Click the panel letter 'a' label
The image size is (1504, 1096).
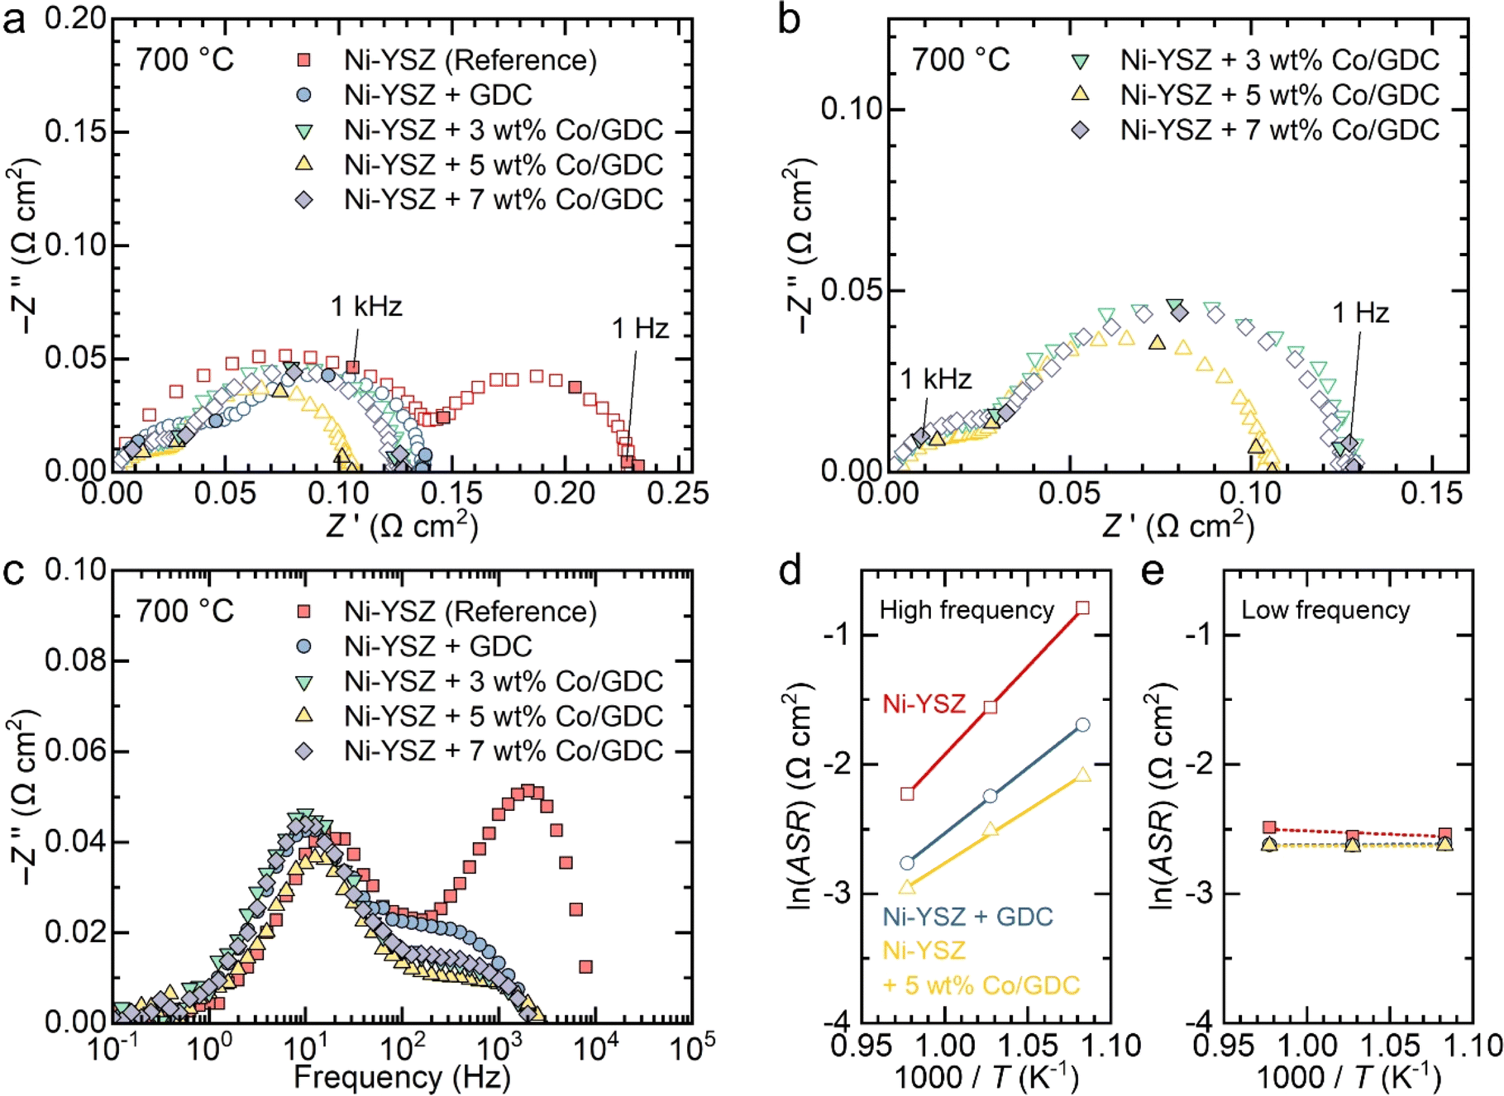[x=14, y=21]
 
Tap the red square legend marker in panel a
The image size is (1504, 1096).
[x=304, y=60]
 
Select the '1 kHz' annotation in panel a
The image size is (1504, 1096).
[x=366, y=307]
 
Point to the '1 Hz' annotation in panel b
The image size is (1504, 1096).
[x=1360, y=312]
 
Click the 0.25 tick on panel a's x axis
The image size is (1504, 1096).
[x=678, y=493]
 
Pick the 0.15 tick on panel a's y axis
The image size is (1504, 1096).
[x=76, y=131]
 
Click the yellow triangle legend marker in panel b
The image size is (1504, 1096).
[x=1080, y=94]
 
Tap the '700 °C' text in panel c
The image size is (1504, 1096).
[x=185, y=612]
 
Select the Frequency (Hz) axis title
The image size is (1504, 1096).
[x=402, y=1077]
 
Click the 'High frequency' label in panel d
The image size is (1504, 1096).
[x=967, y=610]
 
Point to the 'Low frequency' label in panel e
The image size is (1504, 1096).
[x=1325, y=610]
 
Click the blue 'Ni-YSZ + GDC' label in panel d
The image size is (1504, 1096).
[x=967, y=917]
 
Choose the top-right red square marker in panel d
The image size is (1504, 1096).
[x=1082, y=608]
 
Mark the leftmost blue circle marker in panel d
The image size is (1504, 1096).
[x=907, y=863]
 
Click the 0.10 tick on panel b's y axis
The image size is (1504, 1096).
[x=852, y=108]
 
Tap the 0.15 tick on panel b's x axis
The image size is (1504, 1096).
[x=1431, y=493]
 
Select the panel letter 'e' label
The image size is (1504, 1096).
[x=1153, y=571]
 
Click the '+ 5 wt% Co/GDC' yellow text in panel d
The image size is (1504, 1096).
[x=981, y=985]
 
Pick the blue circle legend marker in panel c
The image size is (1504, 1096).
[x=304, y=646]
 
